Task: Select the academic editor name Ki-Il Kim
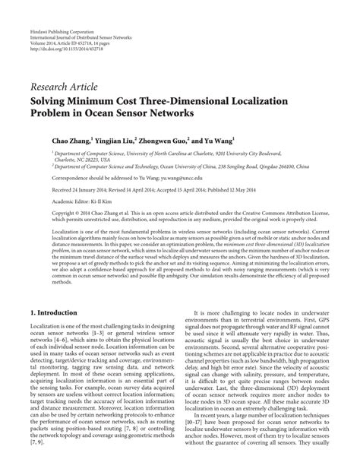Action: pos(108,201)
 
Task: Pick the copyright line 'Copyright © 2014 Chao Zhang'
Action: pos(81,214)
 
